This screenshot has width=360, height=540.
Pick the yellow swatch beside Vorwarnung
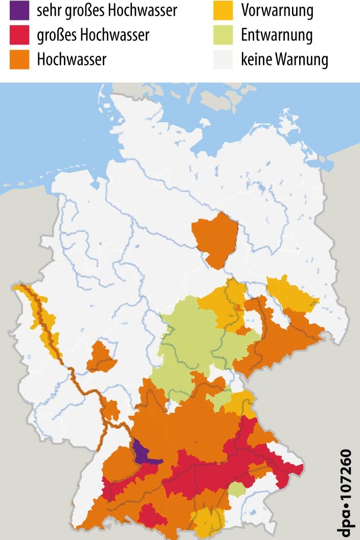pyautogui.click(x=223, y=10)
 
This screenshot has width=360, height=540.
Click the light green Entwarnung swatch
pyautogui.click(x=223, y=35)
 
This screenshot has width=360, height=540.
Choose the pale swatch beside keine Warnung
pyautogui.click(x=223, y=60)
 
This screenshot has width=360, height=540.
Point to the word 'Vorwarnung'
pyautogui.click(x=277, y=10)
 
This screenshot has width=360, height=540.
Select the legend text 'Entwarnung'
pyautogui.click(x=277, y=35)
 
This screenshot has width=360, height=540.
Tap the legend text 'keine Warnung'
pyautogui.click(x=284, y=60)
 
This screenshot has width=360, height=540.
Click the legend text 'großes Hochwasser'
pyautogui.click(x=93, y=35)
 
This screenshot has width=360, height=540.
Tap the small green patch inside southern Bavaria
pyautogui.click(x=237, y=489)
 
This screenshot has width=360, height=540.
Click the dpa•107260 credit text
pyautogui.click(x=347, y=493)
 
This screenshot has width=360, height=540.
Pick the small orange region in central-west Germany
pyautogui.click(x=101, y=356)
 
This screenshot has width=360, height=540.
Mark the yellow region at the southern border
pyautogui.click(x=209, y=522)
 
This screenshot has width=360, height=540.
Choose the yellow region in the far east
pyautogui.click(x=290, y=294)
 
